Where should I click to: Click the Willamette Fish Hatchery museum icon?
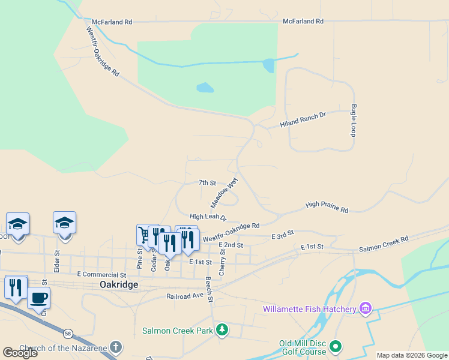click(365, 309)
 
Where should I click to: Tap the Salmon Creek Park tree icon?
click(222, 329)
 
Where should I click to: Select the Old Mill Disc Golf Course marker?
click(336, 346)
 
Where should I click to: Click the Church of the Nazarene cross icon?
click(115, 347)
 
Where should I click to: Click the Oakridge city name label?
click(119, 285)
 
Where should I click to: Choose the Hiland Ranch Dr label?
click(303, 120)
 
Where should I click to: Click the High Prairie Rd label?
click(327, 207)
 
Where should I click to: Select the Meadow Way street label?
click(223, 192)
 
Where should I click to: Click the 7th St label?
click(206, 182)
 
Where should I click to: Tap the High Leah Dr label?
click(208, 217)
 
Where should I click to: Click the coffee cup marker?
click(39, 298)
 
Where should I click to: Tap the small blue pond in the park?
click(205, 88)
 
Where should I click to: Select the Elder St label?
click(57, 261)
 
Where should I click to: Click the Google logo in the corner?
click(20, 353)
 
